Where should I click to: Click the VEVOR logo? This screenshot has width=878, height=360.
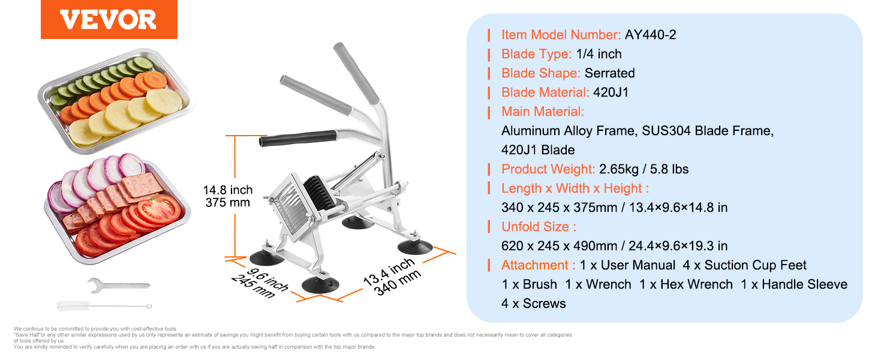point(109,19)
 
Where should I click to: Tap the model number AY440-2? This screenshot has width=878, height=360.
point(650,35)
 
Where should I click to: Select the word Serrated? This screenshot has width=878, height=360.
point(609,73)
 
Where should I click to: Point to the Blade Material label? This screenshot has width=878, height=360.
point(545,92)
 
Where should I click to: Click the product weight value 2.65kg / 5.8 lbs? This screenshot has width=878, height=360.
point(644,169)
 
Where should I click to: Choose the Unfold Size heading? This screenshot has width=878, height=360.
point(539,227)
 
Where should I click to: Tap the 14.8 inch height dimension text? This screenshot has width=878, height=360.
point(228,190)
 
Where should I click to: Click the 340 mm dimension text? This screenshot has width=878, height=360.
point(398,283)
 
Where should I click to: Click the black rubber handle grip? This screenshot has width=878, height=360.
point(298,139)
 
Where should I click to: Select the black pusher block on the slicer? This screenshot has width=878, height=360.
point(319,193)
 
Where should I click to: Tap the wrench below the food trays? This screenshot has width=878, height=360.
point(118,285)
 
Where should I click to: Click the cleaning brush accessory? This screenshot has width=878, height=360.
point(104,306)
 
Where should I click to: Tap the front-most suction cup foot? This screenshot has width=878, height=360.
point(320,285)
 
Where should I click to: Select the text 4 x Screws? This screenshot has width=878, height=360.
point(534,304)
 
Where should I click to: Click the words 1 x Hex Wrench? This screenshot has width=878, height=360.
point(686,284)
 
